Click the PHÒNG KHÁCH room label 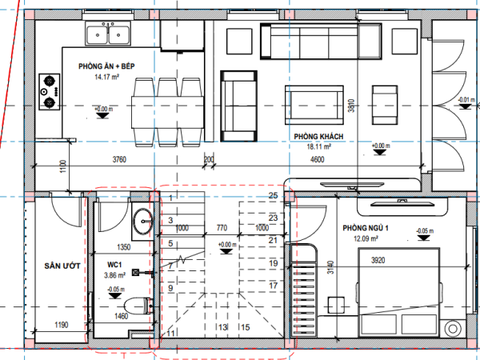(318, 137)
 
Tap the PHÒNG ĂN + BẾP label (106, 66)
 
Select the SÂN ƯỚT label (62, 266)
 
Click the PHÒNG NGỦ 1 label (366, 228)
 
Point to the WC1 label (114, 265)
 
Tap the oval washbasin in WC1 (142, 221)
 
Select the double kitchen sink (108, 34)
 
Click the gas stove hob (50, 91)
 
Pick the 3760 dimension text (119, 159)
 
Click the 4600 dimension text (317, 159)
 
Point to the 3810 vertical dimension (351, 106)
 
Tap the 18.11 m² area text (318, 147)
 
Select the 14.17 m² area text (106, 77)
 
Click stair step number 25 (273, 195)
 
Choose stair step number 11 (171, 333)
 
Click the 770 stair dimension (222, 228)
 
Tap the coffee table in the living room (314, 105)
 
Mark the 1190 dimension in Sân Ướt (62, 325)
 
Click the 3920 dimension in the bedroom (378, 261)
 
